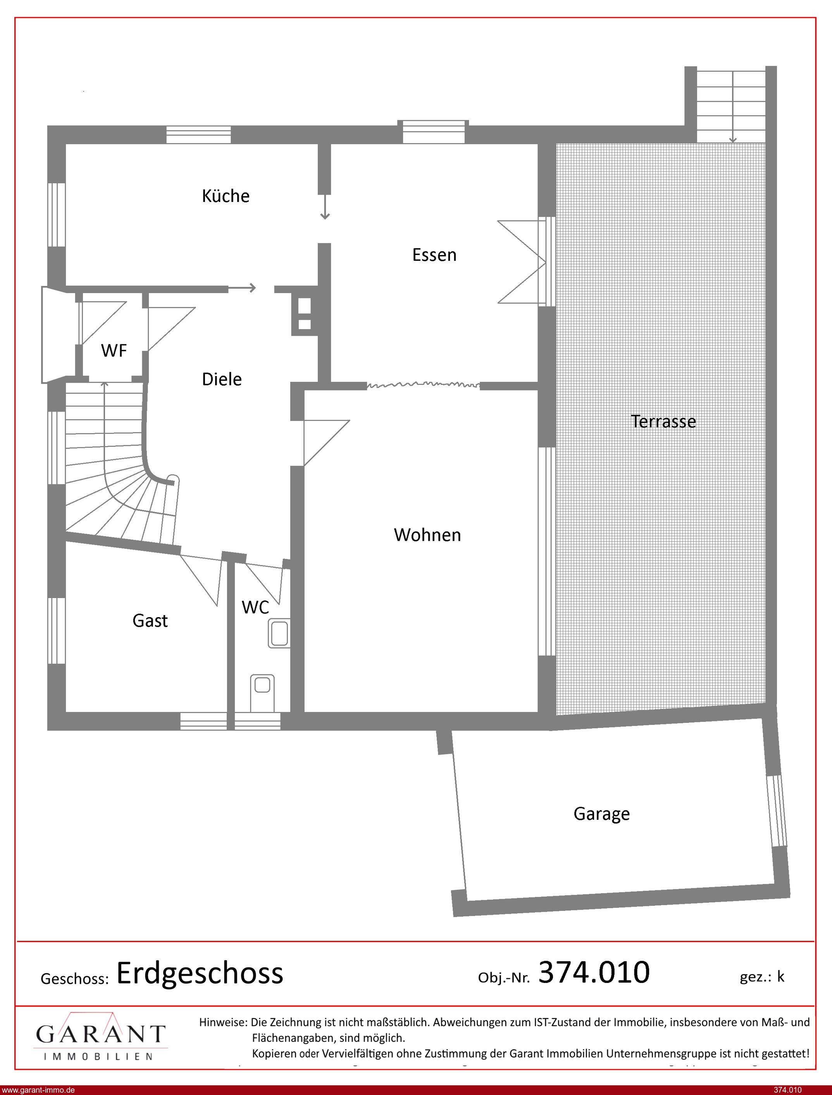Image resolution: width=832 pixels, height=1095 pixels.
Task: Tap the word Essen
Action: [434, 255]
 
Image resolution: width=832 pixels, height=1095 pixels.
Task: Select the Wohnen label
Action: [427, 535]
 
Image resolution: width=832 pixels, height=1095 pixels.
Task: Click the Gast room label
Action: [150, 621]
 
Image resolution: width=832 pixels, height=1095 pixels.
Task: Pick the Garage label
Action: [602, 814]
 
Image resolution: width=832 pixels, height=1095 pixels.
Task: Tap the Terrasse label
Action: [663, 421]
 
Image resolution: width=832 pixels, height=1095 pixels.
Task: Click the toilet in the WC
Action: [262, 692]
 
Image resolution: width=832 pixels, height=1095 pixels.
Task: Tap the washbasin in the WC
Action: [279, 633]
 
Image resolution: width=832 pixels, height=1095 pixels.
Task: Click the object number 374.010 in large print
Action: [594, 972]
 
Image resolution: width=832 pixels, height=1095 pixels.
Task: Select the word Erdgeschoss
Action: [200, 974]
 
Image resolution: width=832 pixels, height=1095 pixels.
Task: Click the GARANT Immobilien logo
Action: [100, 1037]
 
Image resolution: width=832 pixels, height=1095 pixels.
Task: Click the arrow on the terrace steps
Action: [732, 107]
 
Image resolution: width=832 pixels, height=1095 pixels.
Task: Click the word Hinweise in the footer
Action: [223, 1022]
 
